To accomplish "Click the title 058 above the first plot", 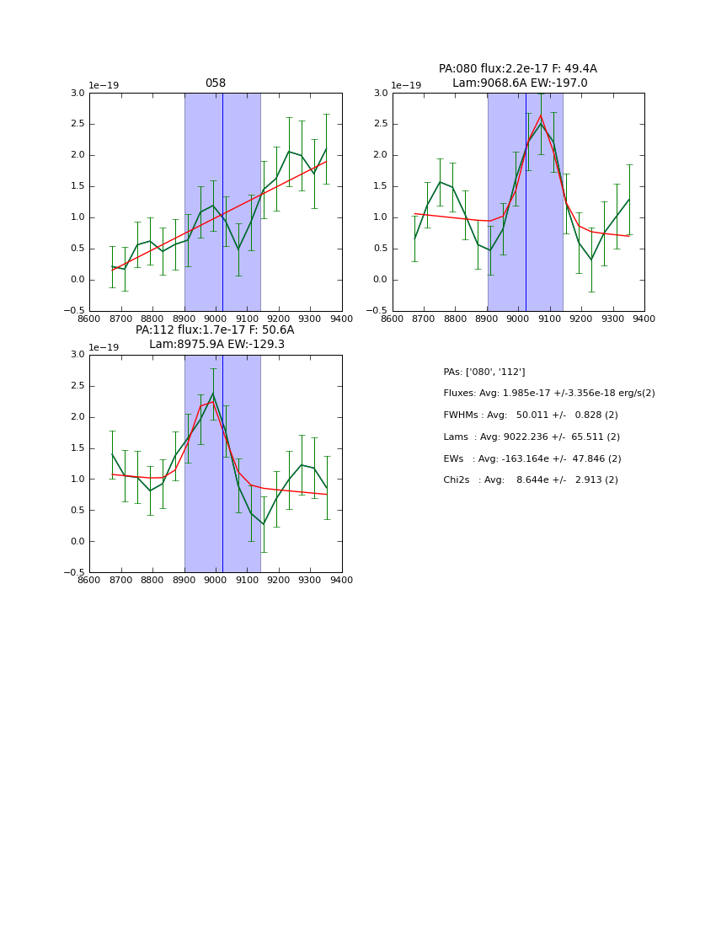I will click(216, 83).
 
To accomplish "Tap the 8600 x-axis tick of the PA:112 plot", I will click(89, 579).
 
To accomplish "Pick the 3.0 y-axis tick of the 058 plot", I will click(77, 93).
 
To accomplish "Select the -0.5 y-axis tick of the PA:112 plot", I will click(74, 572).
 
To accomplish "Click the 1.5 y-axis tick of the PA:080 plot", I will click(381, 186).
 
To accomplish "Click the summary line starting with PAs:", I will click(484, 372).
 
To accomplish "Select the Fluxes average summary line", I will click(548, 394).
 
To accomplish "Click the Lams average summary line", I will click(531, 437).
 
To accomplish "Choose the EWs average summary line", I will click(532, 459).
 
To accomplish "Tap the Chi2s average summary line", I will click(530, 480).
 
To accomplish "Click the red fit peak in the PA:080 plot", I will click(541, 115).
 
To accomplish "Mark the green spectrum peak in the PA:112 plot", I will click(213, 394).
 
